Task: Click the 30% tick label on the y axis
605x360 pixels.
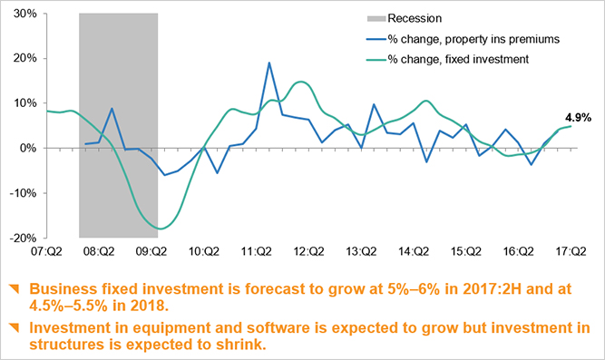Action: (24, 15)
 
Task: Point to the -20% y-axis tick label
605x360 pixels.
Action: (22, 238)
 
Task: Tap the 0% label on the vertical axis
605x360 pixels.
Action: (27, 148)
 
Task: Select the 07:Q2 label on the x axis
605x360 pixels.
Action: (46, 253)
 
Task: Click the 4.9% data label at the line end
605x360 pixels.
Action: (578, 118)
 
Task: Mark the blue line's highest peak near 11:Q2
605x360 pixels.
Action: (269, 63)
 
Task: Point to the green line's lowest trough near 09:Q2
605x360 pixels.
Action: (160, 229)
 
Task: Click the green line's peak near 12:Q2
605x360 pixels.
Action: (302, 83)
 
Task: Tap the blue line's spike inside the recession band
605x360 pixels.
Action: (112, 109)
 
